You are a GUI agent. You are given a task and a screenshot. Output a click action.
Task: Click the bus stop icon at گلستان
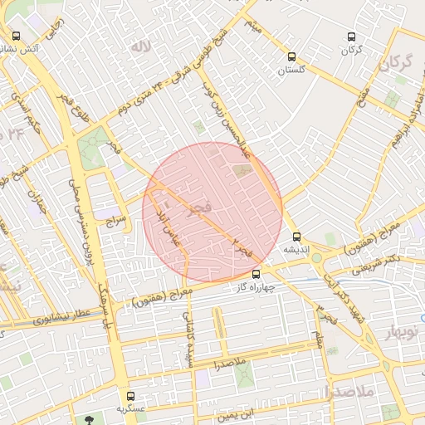pos(291,56)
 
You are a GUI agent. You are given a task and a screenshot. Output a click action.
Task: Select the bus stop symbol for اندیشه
pos(296,236)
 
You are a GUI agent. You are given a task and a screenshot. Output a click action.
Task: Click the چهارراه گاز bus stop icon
pos(256,274)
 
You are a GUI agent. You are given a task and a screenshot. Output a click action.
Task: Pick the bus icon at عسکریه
pos(129,395)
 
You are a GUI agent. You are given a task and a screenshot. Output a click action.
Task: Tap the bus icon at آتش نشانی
pos(17,36)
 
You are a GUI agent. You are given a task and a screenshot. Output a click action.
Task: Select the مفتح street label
pos(362,105)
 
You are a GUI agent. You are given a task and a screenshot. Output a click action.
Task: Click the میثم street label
pos(254,27)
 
